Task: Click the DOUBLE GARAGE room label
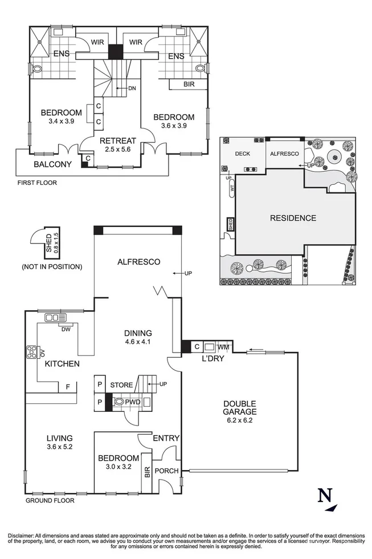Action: [x=240, y=408]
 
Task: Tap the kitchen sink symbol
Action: [x=55, y=317]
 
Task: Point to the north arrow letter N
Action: [x=325, y=496]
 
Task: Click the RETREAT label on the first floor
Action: [x=118, y=141]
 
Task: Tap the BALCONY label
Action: [x=52, y=164]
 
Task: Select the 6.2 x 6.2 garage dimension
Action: [x=240, y=420]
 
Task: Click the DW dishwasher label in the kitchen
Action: [x=66, y=330]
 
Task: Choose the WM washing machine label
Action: [x=223, y=347]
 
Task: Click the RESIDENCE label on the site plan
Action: [x=293, y=218]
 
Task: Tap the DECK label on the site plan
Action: [x=243, y=153]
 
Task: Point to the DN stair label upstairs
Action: [x=132, y=88]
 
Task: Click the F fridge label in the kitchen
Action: [x=68, y=386]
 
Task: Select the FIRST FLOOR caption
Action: [x=38, y=183]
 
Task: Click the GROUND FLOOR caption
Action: [x=50, y=501]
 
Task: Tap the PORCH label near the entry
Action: [x=166, y=471]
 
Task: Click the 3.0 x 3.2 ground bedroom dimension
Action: [x=118, y=467]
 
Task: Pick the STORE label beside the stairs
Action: [x=121, y=385]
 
